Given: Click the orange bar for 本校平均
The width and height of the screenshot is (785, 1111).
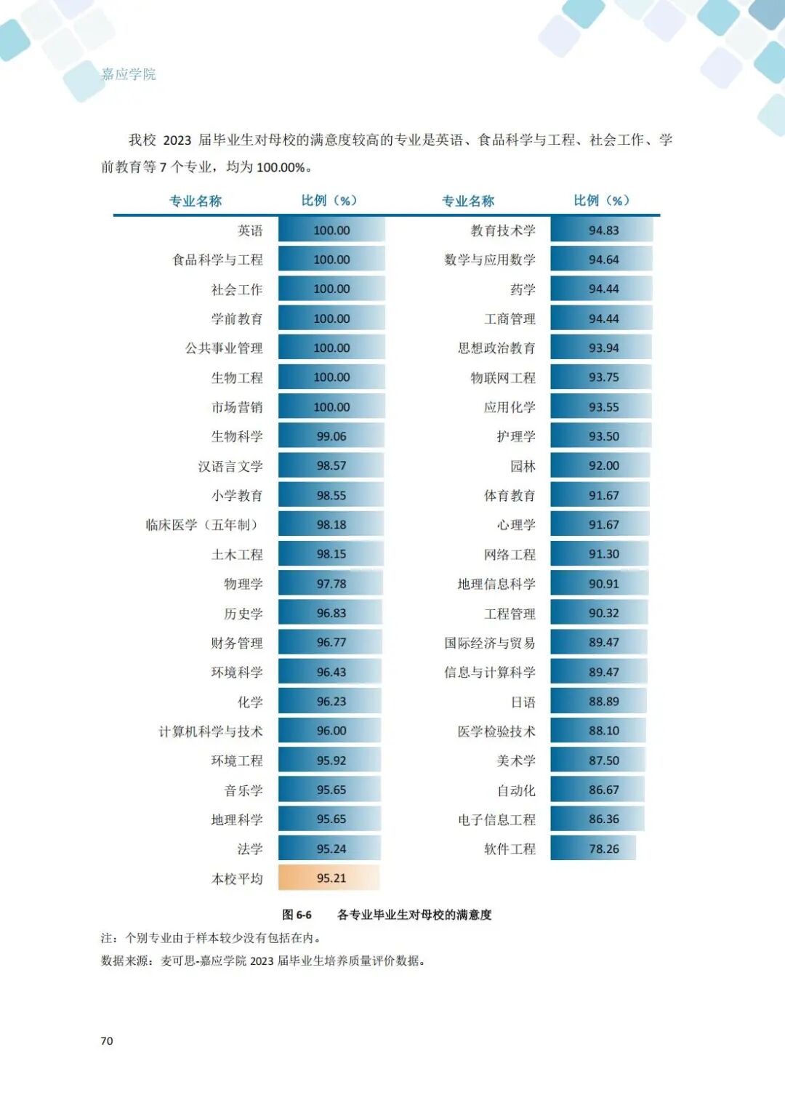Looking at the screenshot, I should point(329,878).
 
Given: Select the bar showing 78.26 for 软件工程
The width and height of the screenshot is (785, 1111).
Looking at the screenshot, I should point(593,849).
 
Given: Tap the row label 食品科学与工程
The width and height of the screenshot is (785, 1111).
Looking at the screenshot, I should point(217,260).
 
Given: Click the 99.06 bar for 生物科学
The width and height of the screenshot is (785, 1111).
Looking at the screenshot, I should point(331,436).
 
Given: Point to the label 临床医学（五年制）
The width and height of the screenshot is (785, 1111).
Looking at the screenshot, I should point(204,525).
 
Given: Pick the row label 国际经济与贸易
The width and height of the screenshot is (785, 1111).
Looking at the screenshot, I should point(489,643).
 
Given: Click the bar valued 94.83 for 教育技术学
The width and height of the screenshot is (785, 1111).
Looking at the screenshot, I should point(602,230).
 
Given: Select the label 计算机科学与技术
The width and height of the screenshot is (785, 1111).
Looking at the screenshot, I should point(211,731).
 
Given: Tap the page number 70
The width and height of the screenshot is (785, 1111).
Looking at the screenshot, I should point(107,1041).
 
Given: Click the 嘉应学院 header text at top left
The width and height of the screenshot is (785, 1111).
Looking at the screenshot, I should point(129,74).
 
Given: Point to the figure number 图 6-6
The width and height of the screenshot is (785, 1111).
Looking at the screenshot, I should point(297,915).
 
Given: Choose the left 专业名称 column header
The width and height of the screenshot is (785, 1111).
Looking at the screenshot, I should point(196,201).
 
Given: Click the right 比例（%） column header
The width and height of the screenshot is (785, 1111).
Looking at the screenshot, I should point(602,201).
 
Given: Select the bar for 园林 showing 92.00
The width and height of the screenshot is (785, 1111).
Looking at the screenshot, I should point(600,465).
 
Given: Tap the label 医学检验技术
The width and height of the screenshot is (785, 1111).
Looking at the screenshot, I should point(496,731).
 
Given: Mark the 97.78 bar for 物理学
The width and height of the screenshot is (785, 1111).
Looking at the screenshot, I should point(331,583).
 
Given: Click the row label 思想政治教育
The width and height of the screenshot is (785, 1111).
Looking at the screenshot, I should point(496,348).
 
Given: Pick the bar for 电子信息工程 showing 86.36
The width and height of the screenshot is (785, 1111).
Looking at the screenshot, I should point(597,819).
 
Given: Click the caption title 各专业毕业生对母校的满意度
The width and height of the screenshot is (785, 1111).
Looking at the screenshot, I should point(414,915).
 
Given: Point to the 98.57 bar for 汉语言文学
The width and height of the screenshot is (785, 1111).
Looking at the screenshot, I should point(331,465).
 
